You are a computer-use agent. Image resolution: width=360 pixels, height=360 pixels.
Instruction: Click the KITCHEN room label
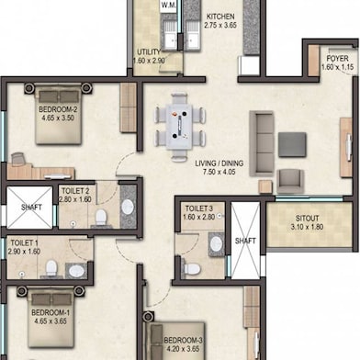(x=222, y=17)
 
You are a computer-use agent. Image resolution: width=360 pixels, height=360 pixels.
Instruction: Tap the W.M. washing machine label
(x=169, y=6)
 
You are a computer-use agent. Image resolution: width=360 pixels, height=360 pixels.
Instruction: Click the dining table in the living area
(x=180, y=121)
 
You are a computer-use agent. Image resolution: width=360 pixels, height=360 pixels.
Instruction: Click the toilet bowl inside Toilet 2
(x=101, y=218)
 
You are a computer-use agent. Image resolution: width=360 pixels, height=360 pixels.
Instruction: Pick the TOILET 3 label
(x=198, y=208)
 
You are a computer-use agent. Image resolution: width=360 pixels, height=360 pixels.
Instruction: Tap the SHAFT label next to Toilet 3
(x=245, y=241)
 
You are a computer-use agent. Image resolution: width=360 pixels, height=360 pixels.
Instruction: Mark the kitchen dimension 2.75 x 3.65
(x=222, y=27)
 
